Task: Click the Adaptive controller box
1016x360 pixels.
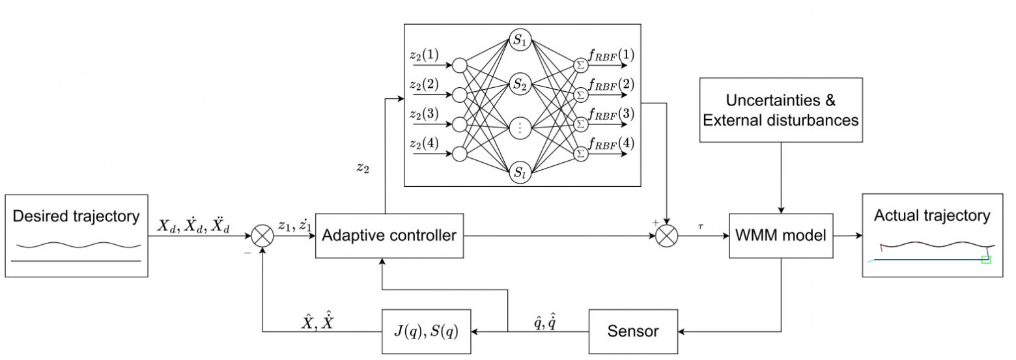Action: [x=390, y=236]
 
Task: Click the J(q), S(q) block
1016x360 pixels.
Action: [x=425, y=331]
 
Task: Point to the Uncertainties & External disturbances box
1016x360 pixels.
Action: [x=780, y=111]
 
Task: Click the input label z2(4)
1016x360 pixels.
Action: [x=423, y=143]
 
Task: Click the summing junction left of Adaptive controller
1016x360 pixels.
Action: [x=262, y=236]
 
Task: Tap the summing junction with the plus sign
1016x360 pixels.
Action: [x=666, y=236]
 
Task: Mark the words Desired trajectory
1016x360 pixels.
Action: [x=77, y=216]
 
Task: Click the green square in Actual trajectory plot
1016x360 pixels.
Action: [x=985, y=260]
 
